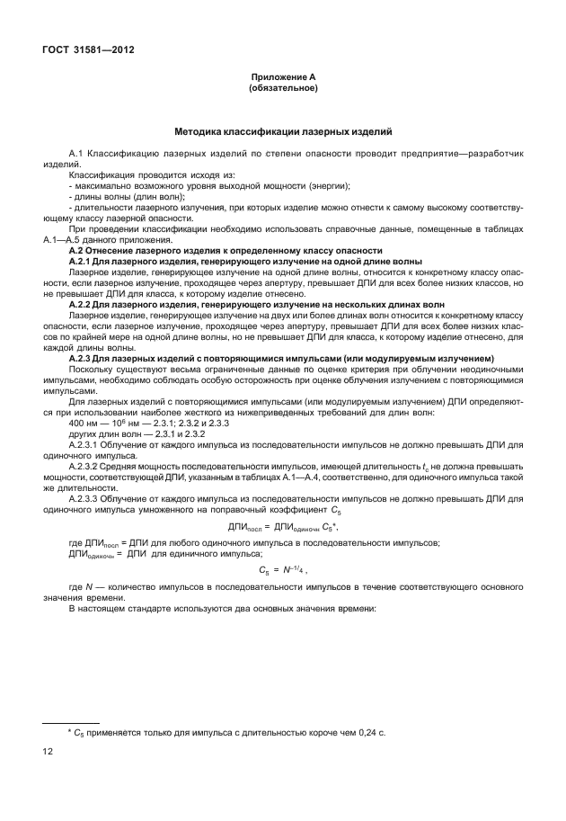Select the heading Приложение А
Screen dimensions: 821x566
(x=283, y=78)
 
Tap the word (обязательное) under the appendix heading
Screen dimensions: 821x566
(x=283, y=89)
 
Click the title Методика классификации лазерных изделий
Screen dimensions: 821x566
(x=283, y=132)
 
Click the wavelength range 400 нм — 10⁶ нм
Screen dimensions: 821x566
(x=109, y=422)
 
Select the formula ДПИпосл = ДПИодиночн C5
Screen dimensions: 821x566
(x=282, y=526)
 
